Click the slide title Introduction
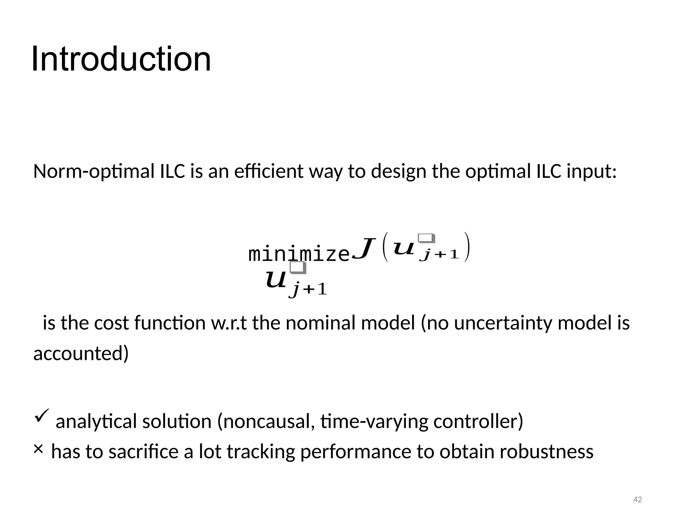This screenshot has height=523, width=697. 121,59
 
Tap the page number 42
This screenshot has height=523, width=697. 637,500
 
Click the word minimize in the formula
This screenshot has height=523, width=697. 299,254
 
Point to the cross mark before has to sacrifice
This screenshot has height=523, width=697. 38,449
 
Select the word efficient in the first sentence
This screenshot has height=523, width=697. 269,171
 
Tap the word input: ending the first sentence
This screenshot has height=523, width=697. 591,171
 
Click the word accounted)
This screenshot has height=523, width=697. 81,353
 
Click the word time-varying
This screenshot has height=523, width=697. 374,421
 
